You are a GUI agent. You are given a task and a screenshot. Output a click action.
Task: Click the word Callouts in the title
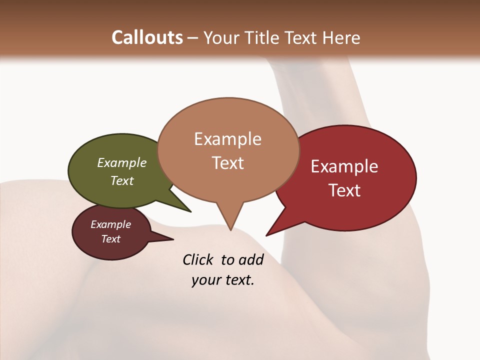[147, 37]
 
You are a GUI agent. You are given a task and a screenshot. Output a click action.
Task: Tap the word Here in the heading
[341, 37]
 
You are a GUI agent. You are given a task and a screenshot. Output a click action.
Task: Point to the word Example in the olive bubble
[122, 163]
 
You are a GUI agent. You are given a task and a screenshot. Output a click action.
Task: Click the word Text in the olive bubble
[122, 180]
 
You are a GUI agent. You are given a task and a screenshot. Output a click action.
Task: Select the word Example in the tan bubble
[227, 139]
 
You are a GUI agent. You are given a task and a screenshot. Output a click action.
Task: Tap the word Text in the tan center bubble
[227, 162]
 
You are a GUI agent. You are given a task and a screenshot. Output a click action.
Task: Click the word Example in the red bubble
[344, 166]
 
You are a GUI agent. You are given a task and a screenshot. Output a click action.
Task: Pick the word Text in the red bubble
[344, 190]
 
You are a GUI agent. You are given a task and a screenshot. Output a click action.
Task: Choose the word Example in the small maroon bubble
[110, 224]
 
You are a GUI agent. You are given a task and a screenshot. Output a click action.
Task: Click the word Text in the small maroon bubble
[110, 239]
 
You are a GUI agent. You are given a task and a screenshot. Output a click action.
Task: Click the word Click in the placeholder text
[199, 259]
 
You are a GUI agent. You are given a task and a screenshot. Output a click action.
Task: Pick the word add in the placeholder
[251, 259]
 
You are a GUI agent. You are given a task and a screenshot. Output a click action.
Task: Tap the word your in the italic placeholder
[205, 280]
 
